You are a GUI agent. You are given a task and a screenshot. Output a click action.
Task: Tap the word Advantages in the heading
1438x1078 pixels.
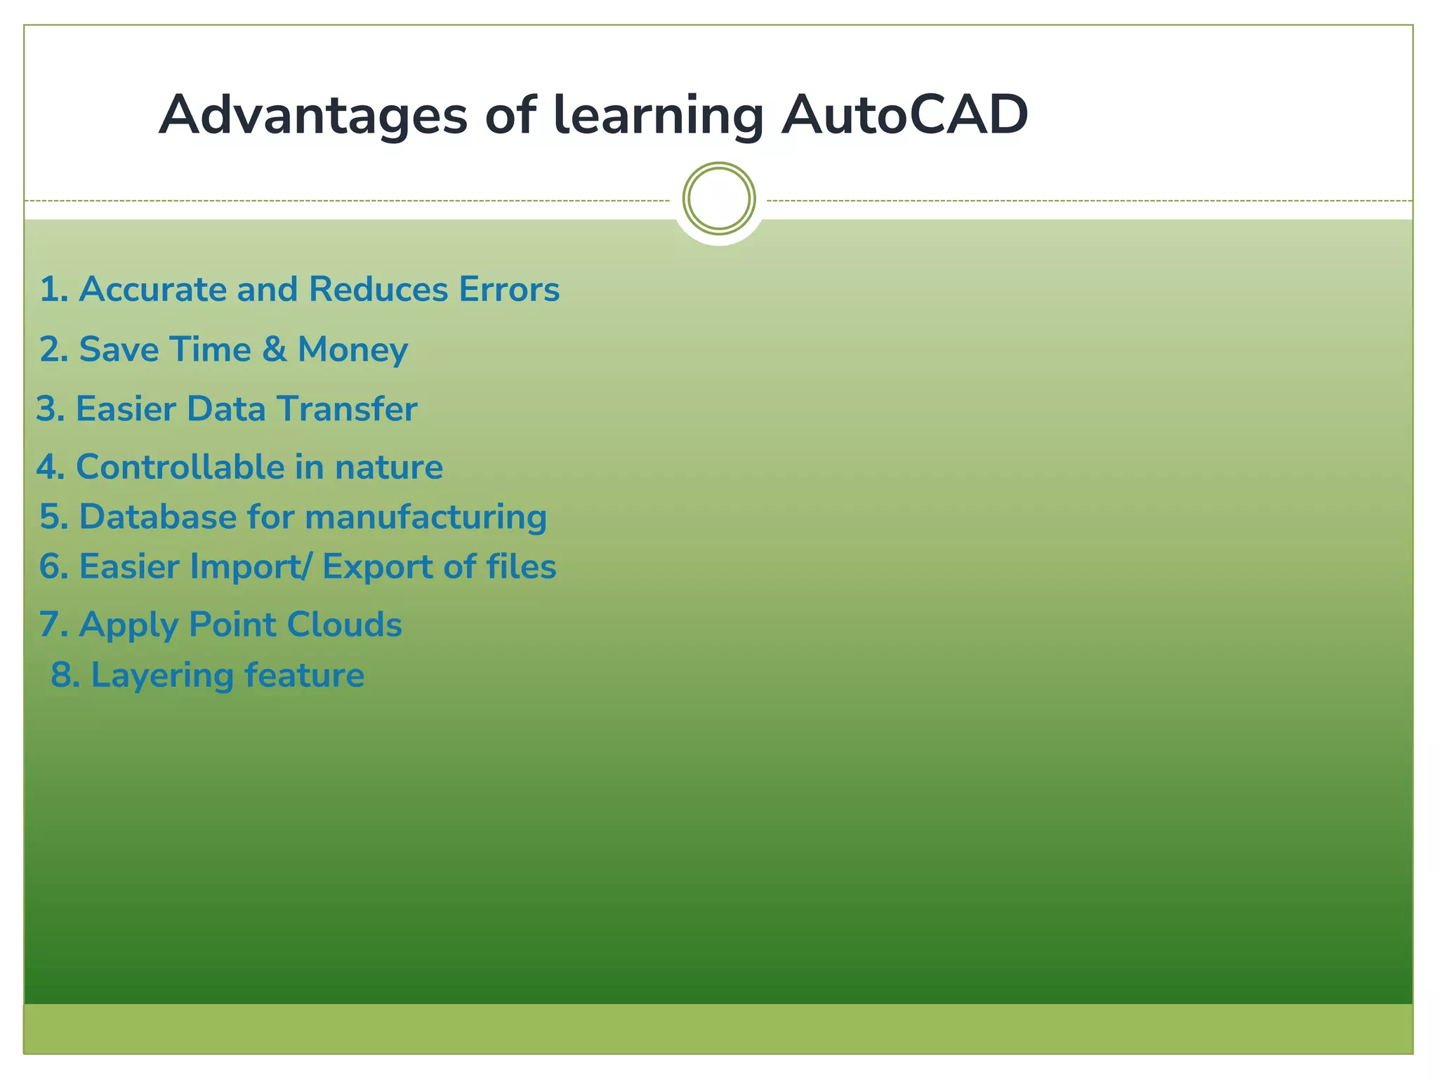coord(312,115)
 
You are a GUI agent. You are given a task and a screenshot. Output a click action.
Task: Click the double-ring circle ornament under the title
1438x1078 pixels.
coord(718,199)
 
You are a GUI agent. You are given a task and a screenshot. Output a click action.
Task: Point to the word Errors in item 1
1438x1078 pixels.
coord(509,290)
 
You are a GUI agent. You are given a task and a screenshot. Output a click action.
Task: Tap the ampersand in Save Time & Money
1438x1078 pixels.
coord(274,350)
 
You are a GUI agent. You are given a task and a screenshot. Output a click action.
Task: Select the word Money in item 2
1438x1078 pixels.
coord(352,350)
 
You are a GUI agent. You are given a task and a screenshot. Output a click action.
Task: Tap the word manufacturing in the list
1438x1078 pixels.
coord(426,517)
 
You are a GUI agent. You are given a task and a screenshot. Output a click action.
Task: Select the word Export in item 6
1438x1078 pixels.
coord(377,567)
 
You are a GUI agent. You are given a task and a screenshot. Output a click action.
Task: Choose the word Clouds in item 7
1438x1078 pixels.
coord(344,625)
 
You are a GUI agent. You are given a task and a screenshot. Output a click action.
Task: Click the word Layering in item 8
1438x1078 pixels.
coord(162,676)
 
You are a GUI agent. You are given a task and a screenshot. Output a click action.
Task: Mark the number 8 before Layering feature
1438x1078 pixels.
coord(62,676)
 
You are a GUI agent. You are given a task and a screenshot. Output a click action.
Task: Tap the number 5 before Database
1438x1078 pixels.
coord(51,517)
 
